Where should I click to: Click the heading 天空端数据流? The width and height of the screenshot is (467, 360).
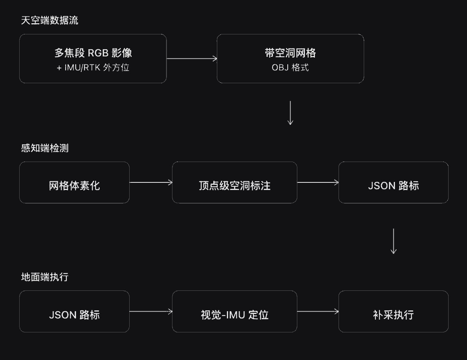[x=50, y=20]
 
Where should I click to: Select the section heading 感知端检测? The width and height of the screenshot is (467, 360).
[x=45, y=148]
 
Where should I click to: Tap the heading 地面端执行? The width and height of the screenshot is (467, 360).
[x=45, y=277]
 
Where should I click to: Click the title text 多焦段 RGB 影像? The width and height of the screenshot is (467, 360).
[x=93, y=53]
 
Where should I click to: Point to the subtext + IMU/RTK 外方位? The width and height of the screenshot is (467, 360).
[x=93, y=68]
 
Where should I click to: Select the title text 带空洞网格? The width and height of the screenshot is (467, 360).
[x=290, y=53]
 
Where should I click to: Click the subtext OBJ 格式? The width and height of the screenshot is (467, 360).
[x=290, y=68]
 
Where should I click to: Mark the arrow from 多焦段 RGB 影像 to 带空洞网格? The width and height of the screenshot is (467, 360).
[x=192, y=59]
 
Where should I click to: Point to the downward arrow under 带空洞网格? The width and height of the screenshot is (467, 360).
[x=290, y=113]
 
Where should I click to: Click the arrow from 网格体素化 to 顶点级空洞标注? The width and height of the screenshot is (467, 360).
[x=151, y=182]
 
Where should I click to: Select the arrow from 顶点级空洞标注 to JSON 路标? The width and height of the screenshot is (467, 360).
[x=318, y=182]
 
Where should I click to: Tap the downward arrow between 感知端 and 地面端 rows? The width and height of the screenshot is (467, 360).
[x=393, y=241]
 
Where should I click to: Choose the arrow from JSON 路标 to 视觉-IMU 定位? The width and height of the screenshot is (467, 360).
[x=151, y=311]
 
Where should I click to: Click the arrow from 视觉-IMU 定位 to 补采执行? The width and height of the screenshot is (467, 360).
[x=318, y=311]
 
